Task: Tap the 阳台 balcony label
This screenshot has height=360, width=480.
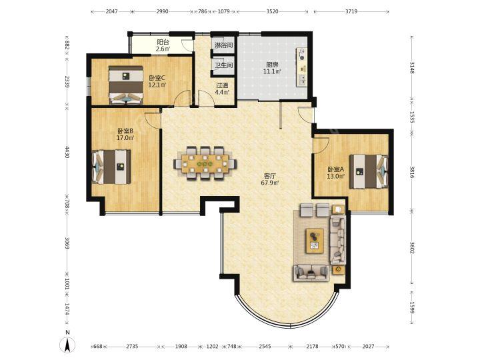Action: tap(163, 42)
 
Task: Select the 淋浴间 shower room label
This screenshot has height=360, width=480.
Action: tap(223, 45)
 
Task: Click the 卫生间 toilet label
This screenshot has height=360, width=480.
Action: tap(223, 65)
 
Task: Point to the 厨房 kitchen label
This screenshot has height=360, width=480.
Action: tap(272, 65)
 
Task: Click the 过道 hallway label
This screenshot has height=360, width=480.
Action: tap(222, 85)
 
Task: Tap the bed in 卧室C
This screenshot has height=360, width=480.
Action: tap(126, 85)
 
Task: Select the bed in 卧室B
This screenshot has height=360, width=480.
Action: tap(111, 167)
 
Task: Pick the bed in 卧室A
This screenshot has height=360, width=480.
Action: tap(369, 171)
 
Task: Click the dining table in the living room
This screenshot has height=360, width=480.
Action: tap(205, 162)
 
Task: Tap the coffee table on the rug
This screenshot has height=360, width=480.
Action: tap(315, 241)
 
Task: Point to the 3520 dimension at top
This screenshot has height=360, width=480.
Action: tap(272, 11)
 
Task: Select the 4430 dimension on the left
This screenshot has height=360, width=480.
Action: tap(67, 152)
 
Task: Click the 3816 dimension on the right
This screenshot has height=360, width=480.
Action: tap(412, 172)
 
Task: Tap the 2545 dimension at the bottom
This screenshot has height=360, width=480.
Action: tap(265, 346)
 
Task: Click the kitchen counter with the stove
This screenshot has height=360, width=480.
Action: tap(301, 67)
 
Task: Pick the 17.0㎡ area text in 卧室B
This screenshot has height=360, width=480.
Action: tap(125, 138)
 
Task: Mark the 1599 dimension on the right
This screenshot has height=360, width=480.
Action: tap(412, 307)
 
